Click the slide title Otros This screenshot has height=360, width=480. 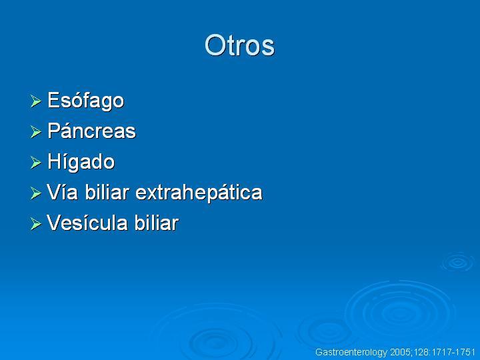[x=239, y=45]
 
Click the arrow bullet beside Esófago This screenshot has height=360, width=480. [x=36, y=101]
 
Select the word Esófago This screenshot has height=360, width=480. [x=86, y=101]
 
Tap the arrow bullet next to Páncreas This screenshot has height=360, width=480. [x=36, y=132]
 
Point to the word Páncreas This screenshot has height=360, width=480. [x=91, y=131]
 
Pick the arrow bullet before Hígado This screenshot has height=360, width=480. [x=36, y=162]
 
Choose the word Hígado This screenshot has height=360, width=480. [x=81, y=161]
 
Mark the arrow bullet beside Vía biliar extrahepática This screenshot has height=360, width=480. [x=36, y=193]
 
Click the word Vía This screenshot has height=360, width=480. [x=62, y=192]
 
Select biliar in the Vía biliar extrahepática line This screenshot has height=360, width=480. [x=107, y=192]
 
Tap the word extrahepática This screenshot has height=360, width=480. [x=199, y=192]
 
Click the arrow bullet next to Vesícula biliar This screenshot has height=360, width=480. [x=36, y=224]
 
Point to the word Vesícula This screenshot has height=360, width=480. [x=87, y=223]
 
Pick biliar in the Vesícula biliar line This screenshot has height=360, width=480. [x=157, y=223]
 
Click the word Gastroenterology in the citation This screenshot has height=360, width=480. [x=351, y=353]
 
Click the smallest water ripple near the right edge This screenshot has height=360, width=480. [x=458, y=262]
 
